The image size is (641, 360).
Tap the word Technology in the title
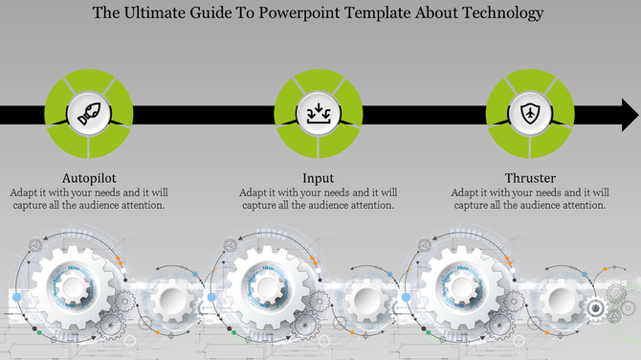click(x=497, y=13)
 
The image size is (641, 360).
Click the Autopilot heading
click(x=90, y=178)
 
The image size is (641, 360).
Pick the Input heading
click(x=318, y=178)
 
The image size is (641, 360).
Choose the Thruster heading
click(x=529, y=178)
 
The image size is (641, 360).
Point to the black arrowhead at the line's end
click(x=630, y=117)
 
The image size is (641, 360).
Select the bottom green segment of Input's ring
click(x=318, y=149)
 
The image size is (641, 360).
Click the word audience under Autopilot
click(x=101, y=205)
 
